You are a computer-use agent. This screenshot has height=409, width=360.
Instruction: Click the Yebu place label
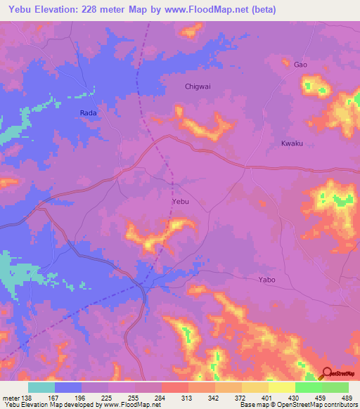pos(181,202)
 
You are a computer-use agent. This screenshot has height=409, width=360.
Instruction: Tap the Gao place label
pos(300,65)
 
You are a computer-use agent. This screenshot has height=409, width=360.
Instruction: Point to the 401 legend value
pos(264,397)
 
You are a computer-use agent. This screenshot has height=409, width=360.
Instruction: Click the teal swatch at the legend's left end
pos(41,387)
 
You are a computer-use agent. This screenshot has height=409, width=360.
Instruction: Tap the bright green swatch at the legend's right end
pos(335,387)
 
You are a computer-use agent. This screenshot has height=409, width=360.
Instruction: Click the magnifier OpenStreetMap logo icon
pos(326,373)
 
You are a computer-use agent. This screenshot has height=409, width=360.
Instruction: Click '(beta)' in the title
pos(264,10)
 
